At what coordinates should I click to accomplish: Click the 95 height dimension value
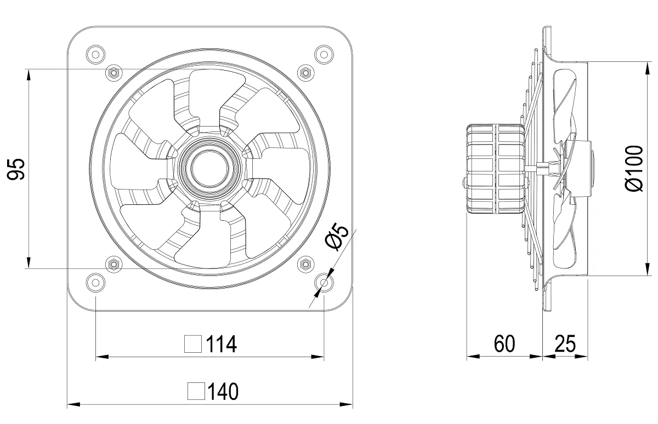point(15,169)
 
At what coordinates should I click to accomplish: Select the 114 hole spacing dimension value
point(222,344)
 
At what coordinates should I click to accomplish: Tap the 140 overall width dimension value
point(223,392)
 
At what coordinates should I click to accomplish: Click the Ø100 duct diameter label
point(634,168)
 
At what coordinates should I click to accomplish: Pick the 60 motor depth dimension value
point(504,343)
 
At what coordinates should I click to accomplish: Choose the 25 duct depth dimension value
point(565,343)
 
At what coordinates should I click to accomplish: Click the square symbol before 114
point(193,344)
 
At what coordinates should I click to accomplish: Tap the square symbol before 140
point(196,391)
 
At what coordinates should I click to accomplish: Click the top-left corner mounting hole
point(95,55)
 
